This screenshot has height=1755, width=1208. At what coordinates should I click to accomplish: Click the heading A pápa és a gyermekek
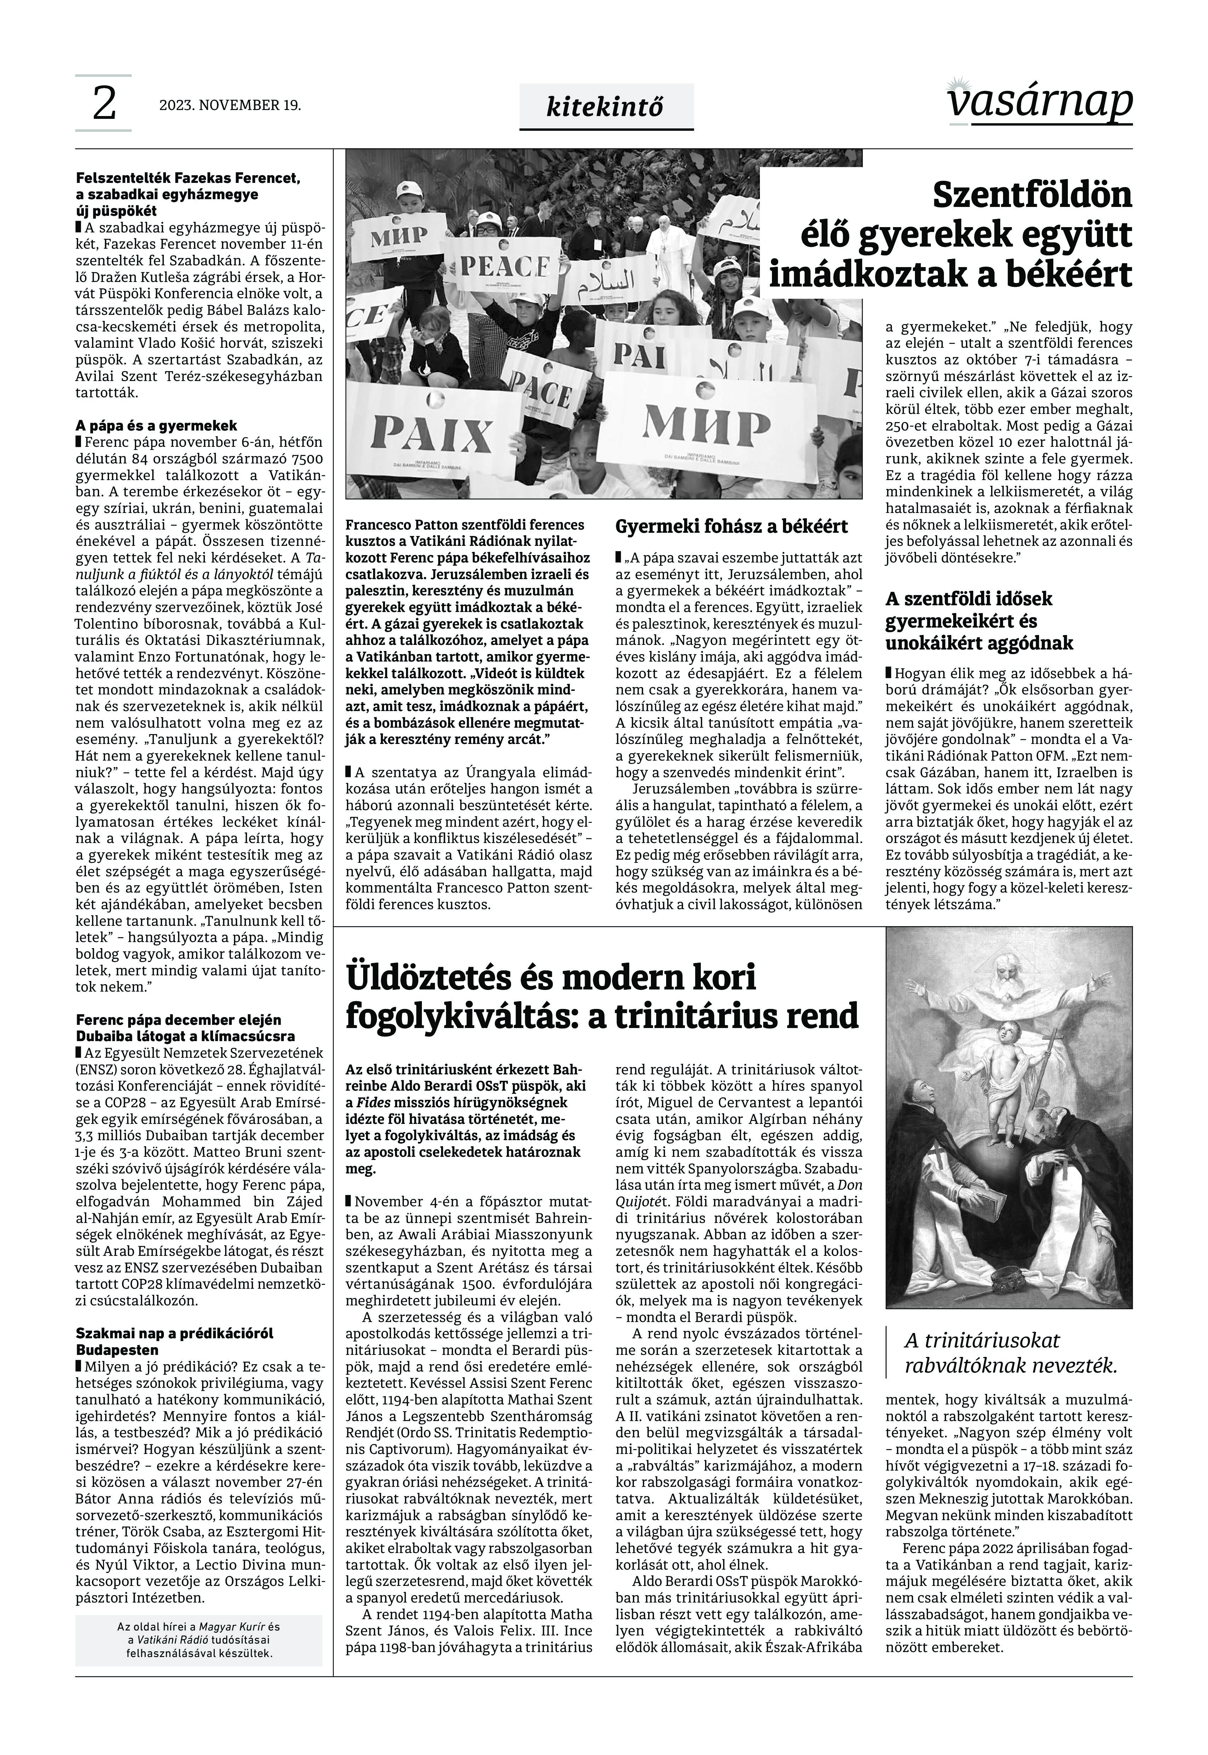[157, 425]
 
